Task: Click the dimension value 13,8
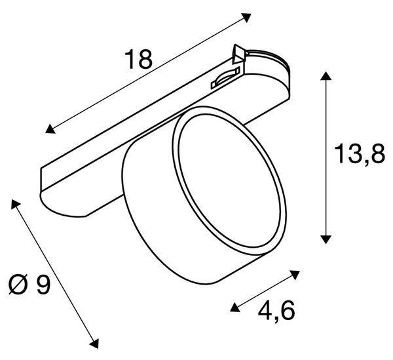coord(360,155)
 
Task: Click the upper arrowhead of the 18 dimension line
coord(246,18)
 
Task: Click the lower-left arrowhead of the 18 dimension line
coord(50,129)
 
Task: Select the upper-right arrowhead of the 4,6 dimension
coord(295,275)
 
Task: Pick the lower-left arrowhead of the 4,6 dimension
coord(235,307)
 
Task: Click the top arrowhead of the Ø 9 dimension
coord(15,204)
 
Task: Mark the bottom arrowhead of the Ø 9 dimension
coord(94,343)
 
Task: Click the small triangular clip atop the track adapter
coord(238,54)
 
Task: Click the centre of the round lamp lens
coord(229,180)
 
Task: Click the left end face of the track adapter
coord(42,180)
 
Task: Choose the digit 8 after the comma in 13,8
coord(377,153)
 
